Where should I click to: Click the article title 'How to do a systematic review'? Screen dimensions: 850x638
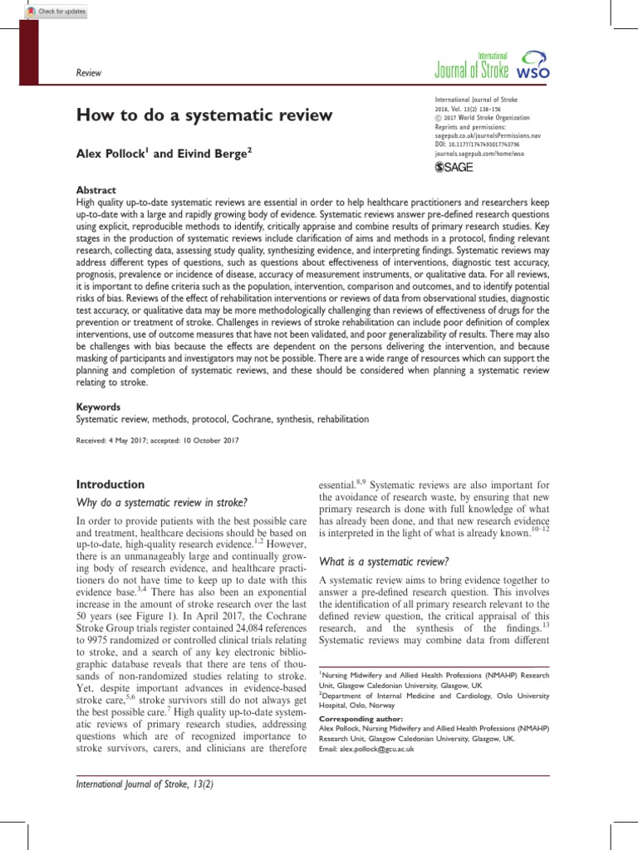click(204, 114)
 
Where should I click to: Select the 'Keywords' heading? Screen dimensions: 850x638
click(98, 408)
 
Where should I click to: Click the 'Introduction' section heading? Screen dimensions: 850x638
click(110, 484)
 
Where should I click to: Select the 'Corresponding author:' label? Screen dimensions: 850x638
click(361, 719)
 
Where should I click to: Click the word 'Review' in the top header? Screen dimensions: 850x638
click(88, 73)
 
